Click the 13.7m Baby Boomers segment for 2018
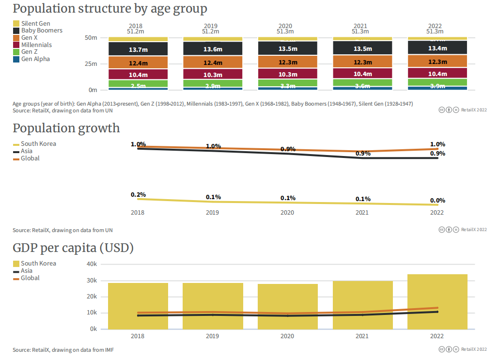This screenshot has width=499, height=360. click(138, 49)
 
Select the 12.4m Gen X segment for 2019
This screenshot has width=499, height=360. click(213, 63)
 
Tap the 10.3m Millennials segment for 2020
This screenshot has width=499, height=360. click(288, 74)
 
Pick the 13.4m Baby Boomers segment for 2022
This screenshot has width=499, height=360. click(437, 48)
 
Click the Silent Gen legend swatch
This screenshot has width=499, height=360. click(16, 23)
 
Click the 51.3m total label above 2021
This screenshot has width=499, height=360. click(362, 31)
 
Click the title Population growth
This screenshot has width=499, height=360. click(66, 128)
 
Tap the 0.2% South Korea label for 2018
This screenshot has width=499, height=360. click(138, 194)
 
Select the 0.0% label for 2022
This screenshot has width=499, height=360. click(437, 200)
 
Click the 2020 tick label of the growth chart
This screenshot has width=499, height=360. click(287, 213)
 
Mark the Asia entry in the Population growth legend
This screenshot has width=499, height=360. click(27, 151)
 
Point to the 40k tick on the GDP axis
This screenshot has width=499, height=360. click(92, 264)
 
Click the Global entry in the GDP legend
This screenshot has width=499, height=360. click(30, 278)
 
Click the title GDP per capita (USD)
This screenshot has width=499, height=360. click(73, 248)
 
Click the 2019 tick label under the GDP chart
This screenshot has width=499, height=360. click(213, 336)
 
